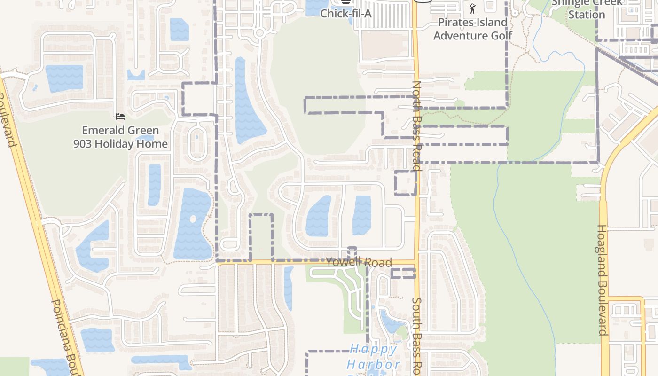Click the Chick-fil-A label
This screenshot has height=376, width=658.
[346, 13]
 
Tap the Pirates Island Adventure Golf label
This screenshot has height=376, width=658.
[472, 29]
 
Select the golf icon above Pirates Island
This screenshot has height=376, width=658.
[472, 8]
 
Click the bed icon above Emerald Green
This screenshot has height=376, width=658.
[120, 116]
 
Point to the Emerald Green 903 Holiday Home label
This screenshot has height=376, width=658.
[120, 137]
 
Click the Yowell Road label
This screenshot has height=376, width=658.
[359, 262]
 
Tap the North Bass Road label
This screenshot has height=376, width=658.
[416, 125]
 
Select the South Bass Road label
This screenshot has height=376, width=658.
[416, 335]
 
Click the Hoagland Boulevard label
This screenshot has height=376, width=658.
[602, 280]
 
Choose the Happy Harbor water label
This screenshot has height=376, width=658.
[374, 356]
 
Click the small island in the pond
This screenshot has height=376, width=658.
[192, 219]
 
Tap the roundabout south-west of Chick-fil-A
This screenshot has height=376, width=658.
[259, 33]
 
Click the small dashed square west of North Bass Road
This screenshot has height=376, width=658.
[405, 183]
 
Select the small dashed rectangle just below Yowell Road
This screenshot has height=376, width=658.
[403, 273]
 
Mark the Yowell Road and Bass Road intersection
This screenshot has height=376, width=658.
[416, 261]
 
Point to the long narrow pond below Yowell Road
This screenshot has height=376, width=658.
[288, 288]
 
